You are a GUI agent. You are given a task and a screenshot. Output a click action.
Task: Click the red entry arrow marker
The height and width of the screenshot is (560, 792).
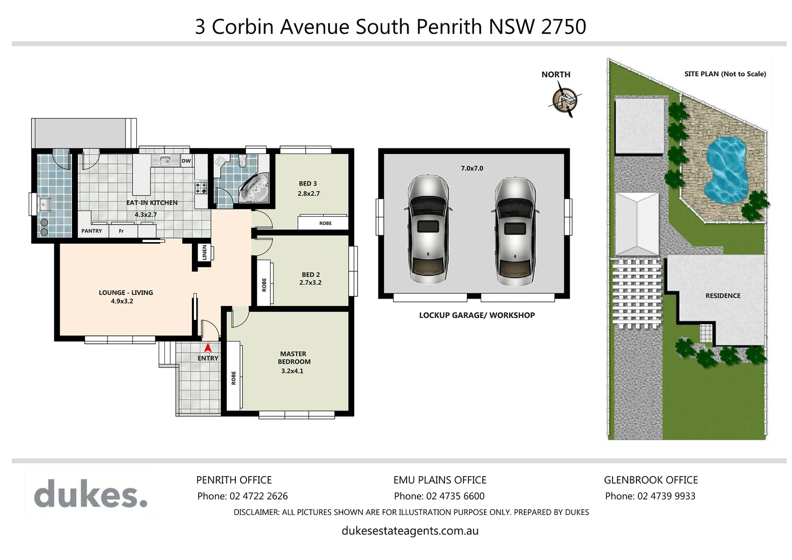click(208, 348)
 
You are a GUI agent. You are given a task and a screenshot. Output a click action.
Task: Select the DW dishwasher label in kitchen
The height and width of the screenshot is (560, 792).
click(186, 161)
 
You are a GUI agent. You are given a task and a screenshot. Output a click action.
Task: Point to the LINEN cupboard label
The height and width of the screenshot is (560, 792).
click(204, 253)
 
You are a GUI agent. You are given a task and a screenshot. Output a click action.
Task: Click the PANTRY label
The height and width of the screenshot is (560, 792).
click(92, 231)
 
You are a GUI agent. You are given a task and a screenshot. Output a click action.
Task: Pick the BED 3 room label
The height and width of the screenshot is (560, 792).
click(308, 184)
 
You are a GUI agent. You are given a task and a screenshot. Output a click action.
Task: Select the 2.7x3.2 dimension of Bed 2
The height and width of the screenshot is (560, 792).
click(310, 283)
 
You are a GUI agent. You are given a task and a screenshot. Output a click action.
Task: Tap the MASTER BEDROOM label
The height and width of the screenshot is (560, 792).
click(294, 358)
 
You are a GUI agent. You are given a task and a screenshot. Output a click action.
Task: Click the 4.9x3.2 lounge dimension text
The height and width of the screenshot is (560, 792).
click(122, 301)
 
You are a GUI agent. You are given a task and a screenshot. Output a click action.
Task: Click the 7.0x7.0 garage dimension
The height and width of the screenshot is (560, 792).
click(471, 169)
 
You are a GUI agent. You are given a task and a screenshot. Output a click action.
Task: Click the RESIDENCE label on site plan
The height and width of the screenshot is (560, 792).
click(722, 296)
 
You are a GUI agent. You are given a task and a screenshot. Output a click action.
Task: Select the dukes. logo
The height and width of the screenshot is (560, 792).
click(91, 494)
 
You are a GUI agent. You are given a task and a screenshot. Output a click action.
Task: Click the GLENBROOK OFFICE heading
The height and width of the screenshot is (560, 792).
click(650, 480)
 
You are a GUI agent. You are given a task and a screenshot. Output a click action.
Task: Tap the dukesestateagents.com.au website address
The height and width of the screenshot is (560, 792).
click(410, 531)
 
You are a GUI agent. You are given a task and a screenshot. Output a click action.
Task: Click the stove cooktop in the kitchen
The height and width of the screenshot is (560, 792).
click(201, 187)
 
